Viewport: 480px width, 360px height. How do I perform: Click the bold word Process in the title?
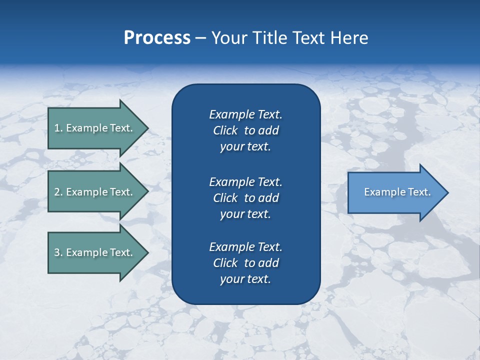[x=157, y=38]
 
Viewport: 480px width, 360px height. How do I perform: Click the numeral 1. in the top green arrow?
[x=58, y=128]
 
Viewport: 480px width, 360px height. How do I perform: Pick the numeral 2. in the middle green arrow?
[x=58, y=192]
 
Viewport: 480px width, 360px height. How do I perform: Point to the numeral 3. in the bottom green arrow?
[x=58, y=252]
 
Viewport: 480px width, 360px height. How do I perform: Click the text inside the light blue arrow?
[x=397, y=192]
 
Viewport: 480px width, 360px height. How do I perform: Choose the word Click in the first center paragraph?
[x=225, y=131]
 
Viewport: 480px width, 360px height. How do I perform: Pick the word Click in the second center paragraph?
[x=225, y=198]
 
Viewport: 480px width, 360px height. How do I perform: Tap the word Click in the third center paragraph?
[x=225, y=263]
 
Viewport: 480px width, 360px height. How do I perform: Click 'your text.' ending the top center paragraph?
[x=245, y=147]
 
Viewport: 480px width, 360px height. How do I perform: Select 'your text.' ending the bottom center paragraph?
[x=245, y=279]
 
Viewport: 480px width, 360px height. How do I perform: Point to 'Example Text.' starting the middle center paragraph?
[x=245, y=182]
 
